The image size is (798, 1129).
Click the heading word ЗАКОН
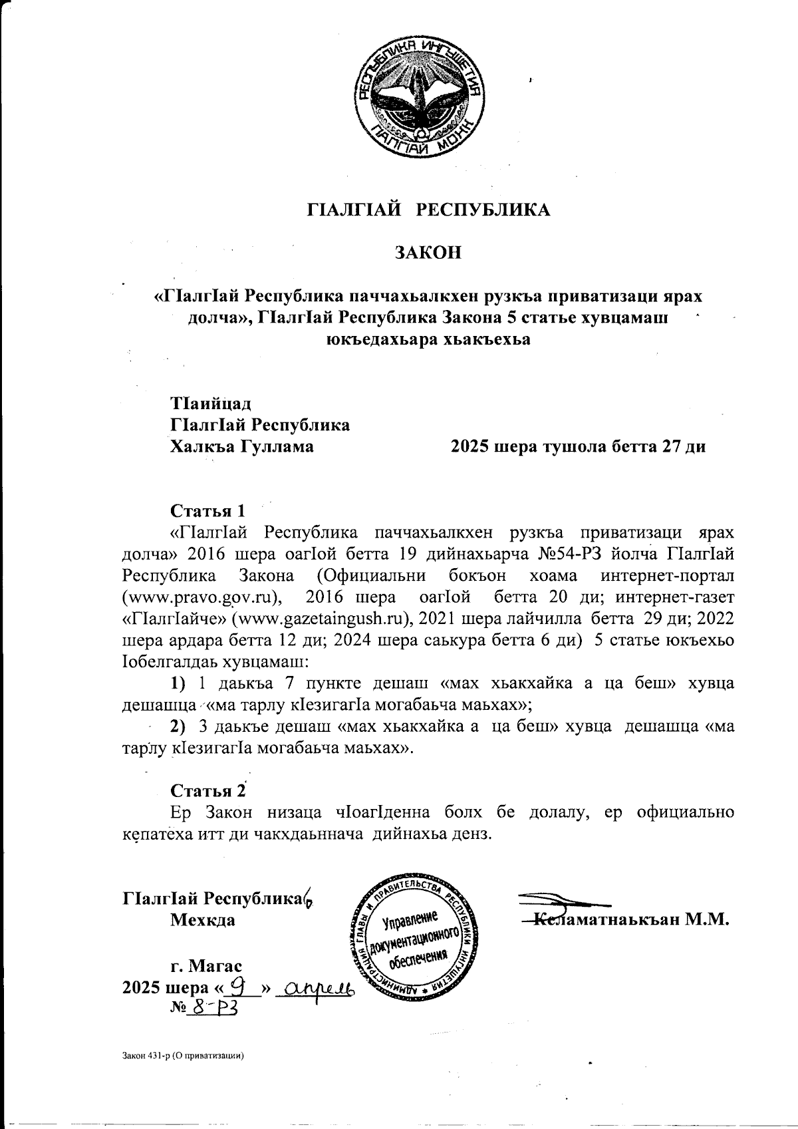(x=428, y=253)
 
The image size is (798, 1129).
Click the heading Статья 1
(x=208, y=511)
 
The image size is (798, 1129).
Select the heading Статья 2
(x=209, y=791)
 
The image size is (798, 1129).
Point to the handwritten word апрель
(x=315, y=989)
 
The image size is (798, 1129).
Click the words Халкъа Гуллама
(x=243, y=446)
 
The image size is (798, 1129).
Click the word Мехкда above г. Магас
(x=203, y=921)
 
